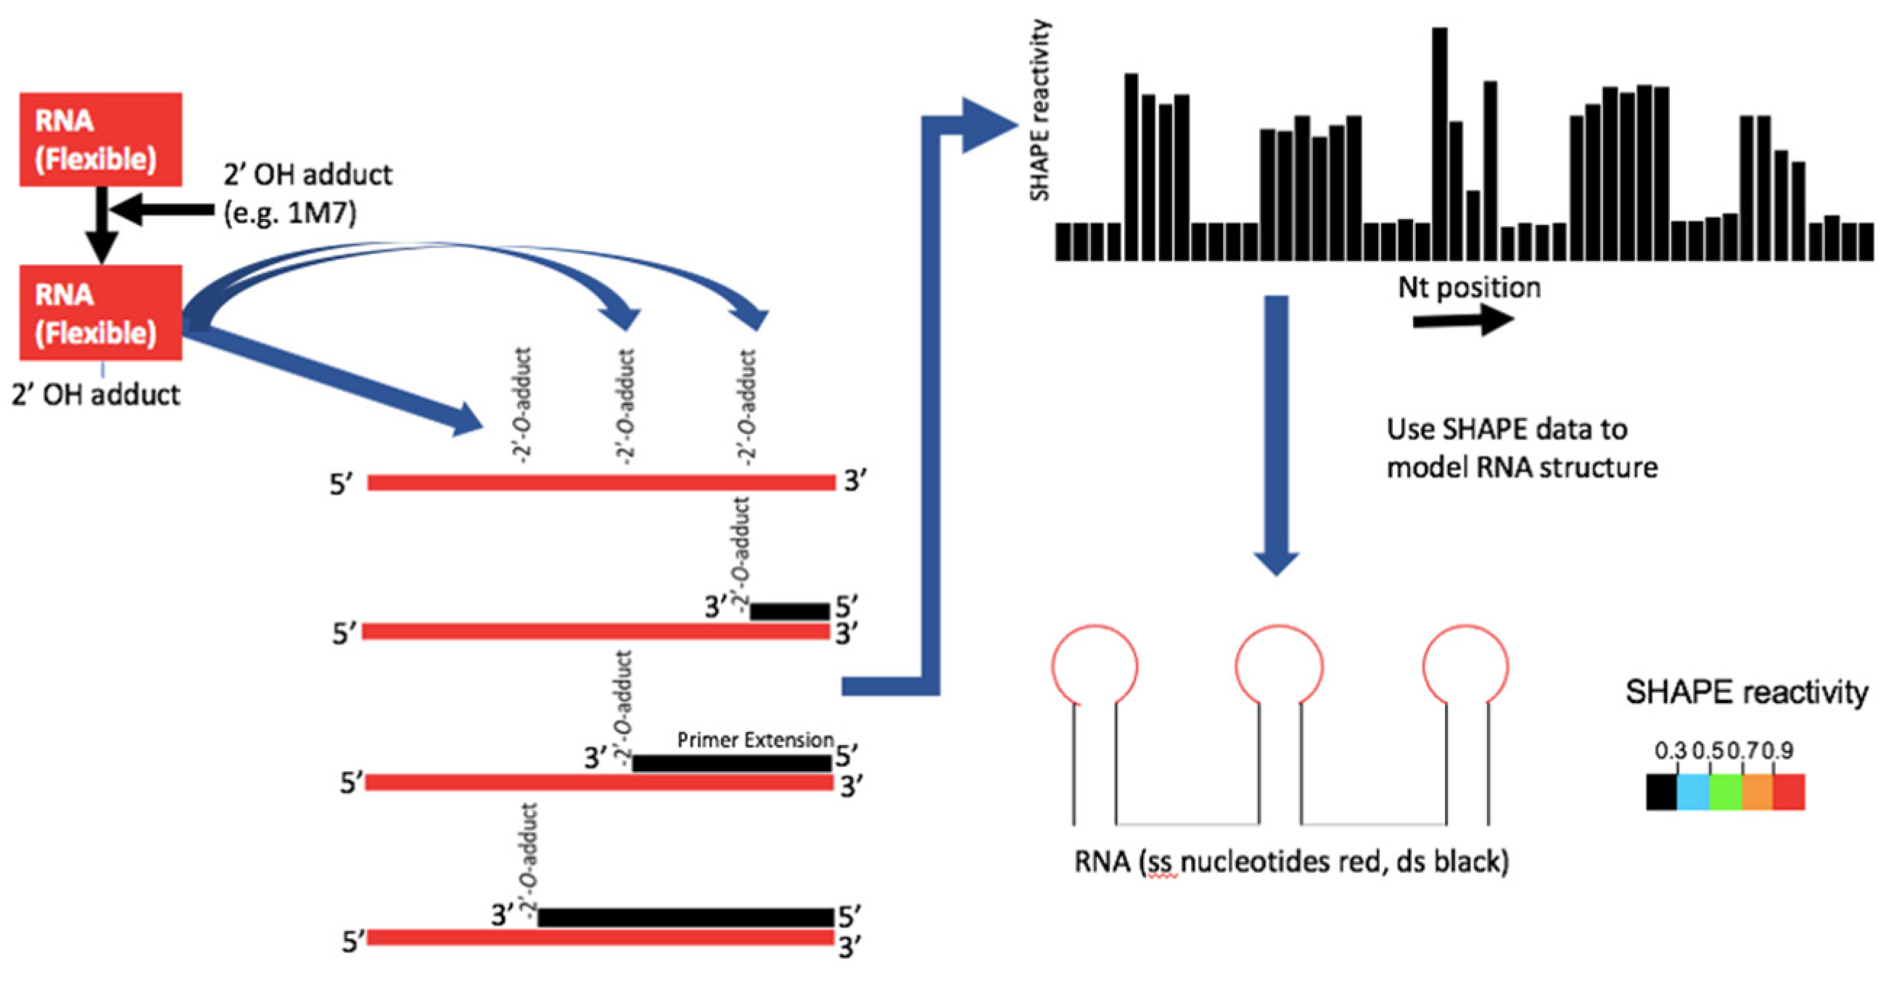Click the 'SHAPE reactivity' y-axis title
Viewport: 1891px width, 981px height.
tap(1040, 110)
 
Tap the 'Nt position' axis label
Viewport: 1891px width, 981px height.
tap(1469, 287)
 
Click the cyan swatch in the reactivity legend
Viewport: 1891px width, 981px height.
tap(1693, 792)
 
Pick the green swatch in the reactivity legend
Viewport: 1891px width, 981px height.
tap(1725, 792)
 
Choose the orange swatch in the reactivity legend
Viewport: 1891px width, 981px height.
tap(1758, 792)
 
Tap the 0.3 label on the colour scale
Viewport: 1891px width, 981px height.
tap(1670, 750)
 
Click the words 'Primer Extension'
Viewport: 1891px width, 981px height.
tap(755, 739)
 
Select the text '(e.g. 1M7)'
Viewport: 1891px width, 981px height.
tap(290, 213)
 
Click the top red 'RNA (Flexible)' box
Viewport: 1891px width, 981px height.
tap(101, 139)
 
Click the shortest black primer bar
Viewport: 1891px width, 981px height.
tap(790, 611)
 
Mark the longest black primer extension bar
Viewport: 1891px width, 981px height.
tap(685, 917)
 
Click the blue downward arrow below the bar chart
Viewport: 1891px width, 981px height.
tap(1277, 433)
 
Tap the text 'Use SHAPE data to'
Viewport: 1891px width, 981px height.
tap(1507, 429)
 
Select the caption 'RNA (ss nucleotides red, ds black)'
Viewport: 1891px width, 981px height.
tap(1291, 861)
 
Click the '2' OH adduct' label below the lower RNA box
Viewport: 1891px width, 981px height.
tap(96, 395)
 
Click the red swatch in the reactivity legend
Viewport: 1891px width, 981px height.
tap(1789, 792)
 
